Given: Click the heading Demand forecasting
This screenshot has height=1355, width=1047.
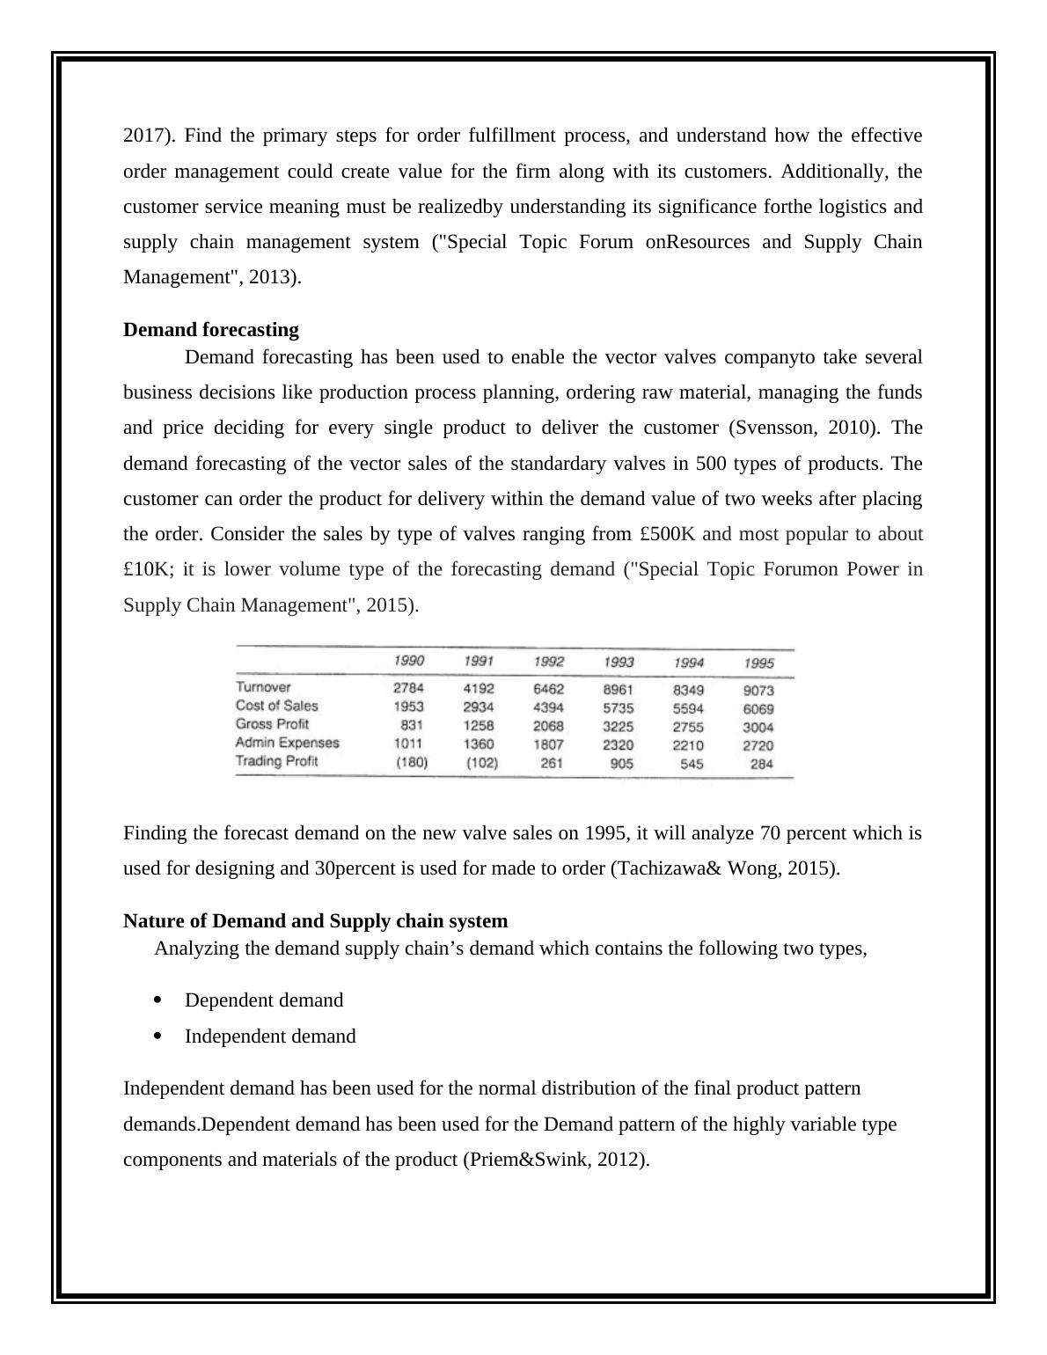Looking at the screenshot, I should tap(211, 330).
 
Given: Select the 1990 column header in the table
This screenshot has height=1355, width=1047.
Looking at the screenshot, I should tap(408, 661).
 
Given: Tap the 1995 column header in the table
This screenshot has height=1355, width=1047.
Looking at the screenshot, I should tap(758, 663).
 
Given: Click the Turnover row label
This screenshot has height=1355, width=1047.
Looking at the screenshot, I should tap(263, 687).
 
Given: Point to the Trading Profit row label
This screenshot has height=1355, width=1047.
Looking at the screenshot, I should tap(276, 761).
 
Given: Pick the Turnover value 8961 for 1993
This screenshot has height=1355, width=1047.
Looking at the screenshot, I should tap(619, 691).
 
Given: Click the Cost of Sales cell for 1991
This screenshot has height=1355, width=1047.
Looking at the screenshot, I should tap(479, 707).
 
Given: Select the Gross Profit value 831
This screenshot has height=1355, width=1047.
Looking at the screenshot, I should tap(412, 725).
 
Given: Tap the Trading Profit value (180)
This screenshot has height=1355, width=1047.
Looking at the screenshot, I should tap(412, 763).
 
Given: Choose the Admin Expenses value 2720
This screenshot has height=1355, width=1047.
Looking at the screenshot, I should tap(758, 746).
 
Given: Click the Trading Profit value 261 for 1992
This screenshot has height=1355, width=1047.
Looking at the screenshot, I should tap(552, 764).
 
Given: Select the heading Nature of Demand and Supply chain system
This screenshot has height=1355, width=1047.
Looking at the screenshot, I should tap(315, 921).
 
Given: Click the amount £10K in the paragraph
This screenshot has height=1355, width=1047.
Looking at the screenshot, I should tap(140, 569).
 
